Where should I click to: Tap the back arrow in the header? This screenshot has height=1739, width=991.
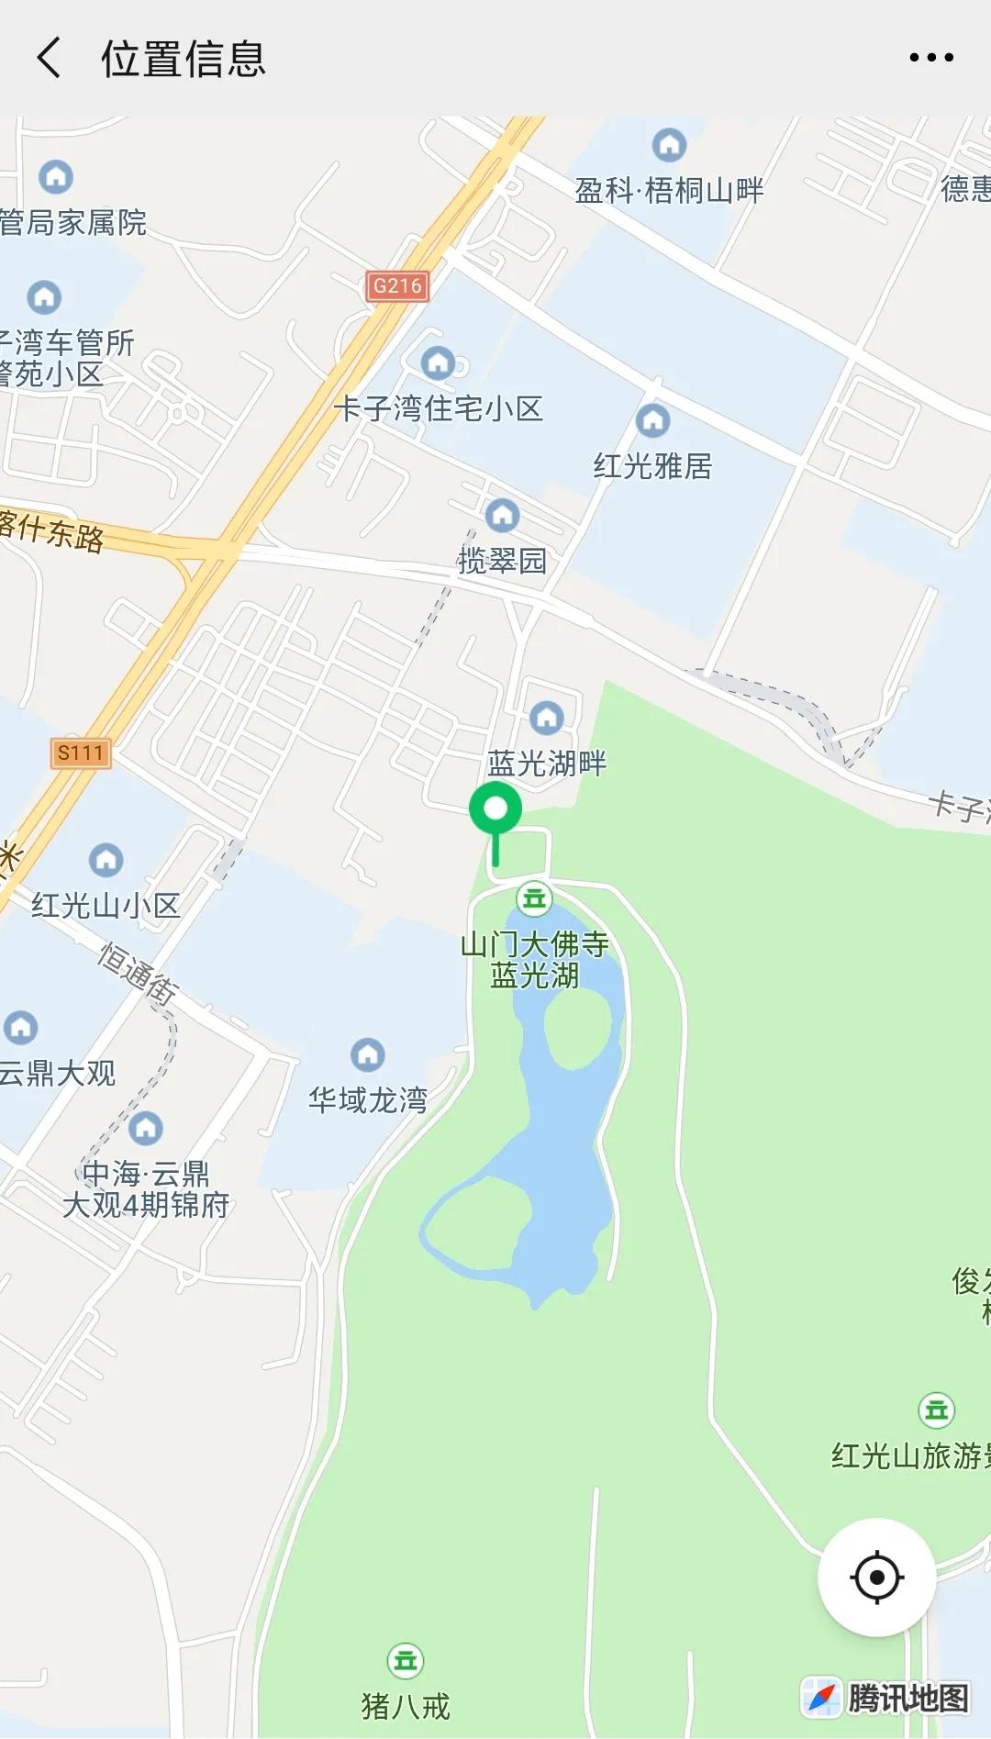50,58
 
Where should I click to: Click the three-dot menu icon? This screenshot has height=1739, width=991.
930,58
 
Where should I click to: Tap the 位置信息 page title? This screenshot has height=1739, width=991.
184,59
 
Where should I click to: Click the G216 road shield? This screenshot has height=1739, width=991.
397,286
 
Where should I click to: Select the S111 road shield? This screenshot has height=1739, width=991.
81,753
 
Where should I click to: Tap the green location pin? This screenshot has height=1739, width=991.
495,811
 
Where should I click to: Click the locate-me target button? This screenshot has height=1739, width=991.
876,1577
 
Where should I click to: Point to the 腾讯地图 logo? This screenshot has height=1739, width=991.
886,1698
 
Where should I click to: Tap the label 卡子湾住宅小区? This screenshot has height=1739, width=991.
438,408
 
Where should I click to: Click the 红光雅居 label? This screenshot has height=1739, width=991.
652,466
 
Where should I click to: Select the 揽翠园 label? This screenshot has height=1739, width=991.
502,561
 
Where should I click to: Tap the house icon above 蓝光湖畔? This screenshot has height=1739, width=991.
547,717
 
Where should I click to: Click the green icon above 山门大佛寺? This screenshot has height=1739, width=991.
534,898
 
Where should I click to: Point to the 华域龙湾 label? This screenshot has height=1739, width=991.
368,1099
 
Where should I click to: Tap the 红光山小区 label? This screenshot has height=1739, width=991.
106,906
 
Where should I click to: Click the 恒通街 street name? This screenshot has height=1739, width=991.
139,973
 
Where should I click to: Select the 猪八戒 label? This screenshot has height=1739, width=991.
406,1706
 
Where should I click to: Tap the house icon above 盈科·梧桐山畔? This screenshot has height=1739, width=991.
669,144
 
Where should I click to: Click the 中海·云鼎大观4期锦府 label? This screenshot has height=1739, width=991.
146,1189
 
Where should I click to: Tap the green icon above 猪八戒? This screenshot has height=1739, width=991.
406,1660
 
